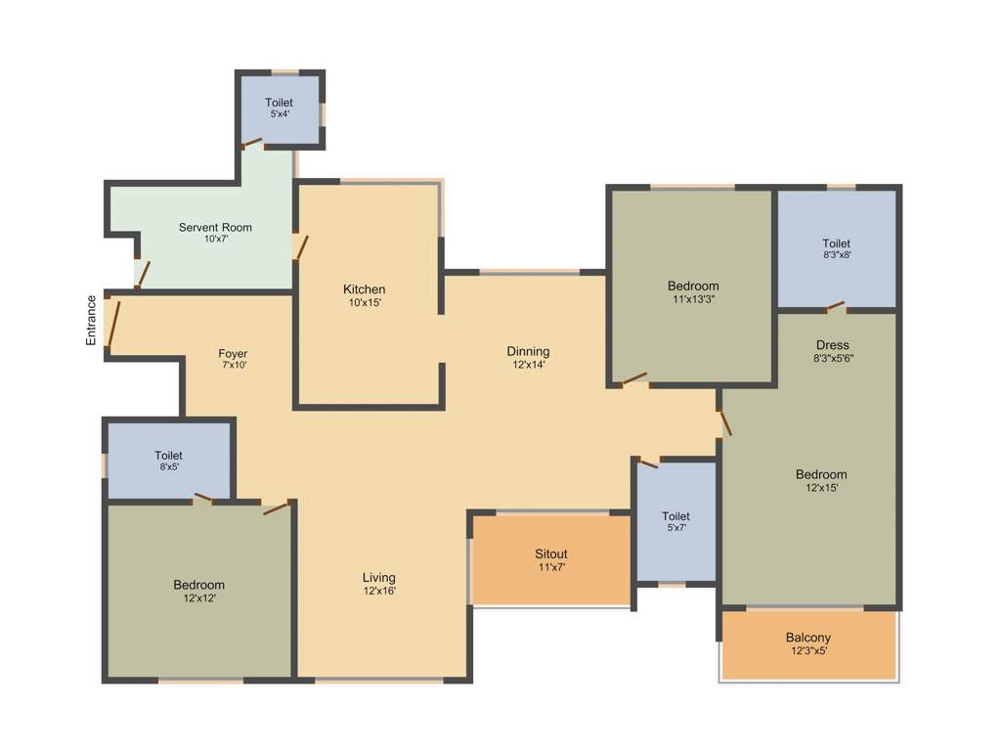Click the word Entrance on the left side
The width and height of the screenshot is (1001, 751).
(x=91, y=320)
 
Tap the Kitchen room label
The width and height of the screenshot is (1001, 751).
(x=364, y=289)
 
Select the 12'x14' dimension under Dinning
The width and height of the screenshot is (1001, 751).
(x=528, y=365)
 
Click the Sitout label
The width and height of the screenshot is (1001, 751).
(x=551, y=554)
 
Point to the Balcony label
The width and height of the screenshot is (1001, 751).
(x=808, y=638)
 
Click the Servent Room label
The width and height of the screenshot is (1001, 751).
(x=215, y=228)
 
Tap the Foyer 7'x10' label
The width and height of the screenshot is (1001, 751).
(x=233, y=359)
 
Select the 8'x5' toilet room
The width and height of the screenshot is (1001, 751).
(x=168, y=461)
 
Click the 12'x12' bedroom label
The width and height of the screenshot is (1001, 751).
(x=199, y=591)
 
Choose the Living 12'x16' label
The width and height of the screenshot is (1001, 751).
(x=379, y=583)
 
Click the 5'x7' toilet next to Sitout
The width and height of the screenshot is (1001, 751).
(x=675, y=521)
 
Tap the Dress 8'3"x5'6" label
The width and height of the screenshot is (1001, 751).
(x=833, y=351)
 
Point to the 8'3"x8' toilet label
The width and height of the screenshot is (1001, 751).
(x=836, y=249)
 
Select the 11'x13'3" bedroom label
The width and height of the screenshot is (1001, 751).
(x=693, y=292)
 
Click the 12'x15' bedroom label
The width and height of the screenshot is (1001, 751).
(x=820, y=480)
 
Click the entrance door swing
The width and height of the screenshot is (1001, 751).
(x=113, y=326)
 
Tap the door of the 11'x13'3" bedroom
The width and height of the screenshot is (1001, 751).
(x=633, y=377)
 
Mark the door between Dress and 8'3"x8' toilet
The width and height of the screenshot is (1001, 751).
(x=834, y=307)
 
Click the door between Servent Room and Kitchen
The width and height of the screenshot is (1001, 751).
(x=302, y=246)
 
